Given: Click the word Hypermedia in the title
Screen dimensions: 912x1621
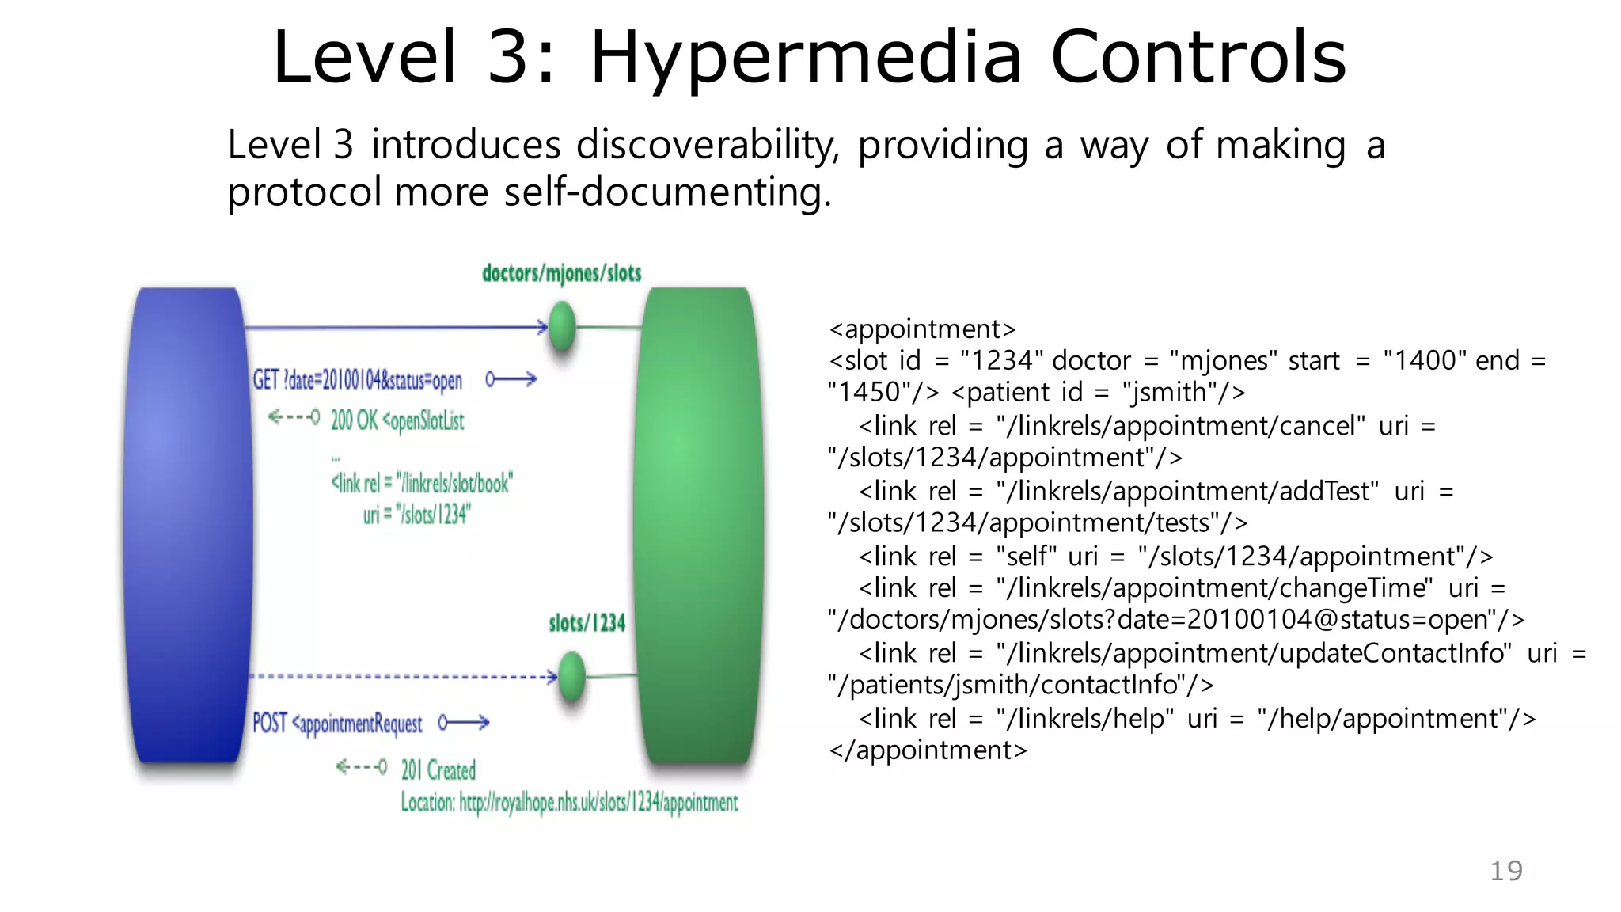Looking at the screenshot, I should click(x=806, y=59).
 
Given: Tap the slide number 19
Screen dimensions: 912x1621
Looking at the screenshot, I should click(x=1505, y=871).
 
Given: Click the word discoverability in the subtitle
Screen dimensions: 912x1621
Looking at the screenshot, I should click(x=708, y=146).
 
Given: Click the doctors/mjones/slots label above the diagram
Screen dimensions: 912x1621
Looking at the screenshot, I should click(x=561, y=273).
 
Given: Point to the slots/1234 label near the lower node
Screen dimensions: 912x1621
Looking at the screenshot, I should click(x=587, y=623).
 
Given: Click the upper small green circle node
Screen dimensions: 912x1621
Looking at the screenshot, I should click(x=562, y=327).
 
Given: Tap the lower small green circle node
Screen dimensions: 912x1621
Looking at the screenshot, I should click(x=571, y=676).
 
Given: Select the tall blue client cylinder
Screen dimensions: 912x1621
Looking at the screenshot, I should click(x=188, y=524).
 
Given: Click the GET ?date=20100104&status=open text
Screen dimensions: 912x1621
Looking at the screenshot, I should click(x=357, y=381).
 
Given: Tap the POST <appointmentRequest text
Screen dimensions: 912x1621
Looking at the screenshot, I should click(x=337, y=724).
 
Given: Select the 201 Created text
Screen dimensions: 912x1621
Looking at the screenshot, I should click(x=438, y=769).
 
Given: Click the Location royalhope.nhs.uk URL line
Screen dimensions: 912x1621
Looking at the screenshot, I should click(x=569, y=803).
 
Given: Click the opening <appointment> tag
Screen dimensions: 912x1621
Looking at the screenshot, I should click(x=922, y=329).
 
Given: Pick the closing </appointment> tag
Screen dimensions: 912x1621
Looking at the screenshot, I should click(x=928, y=750).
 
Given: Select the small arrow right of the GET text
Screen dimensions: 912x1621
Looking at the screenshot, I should click(x=511, y=380).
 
